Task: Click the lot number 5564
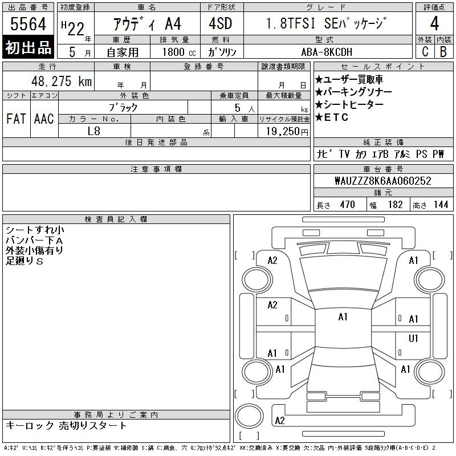point(28,23)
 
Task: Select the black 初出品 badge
point(28,47)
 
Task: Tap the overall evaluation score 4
point(434,23)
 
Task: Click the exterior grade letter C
point(425,51)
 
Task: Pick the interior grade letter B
point(443,51)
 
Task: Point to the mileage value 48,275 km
point(62,81)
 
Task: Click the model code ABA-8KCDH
point(327,52)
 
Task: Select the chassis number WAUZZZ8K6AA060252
point(382,181)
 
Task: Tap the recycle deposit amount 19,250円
point(287,132)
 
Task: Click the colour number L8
point(94,131)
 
